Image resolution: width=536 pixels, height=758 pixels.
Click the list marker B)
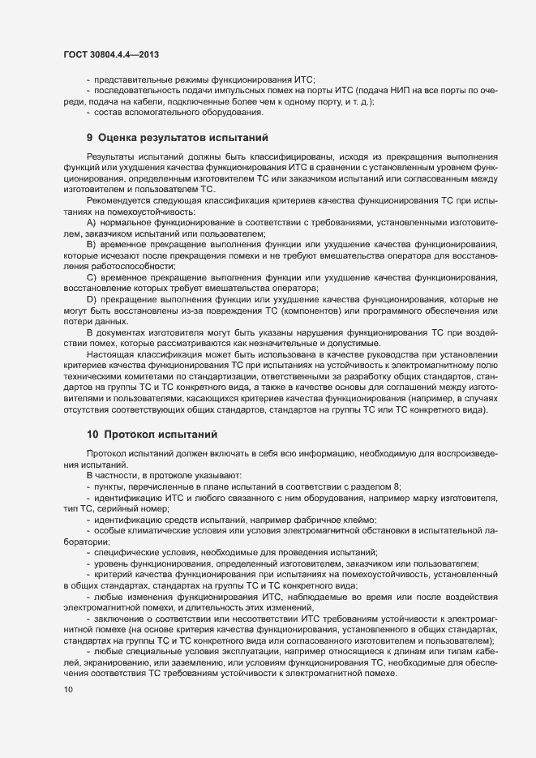point(91,243)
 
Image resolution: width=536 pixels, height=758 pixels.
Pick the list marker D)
point(91,300)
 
